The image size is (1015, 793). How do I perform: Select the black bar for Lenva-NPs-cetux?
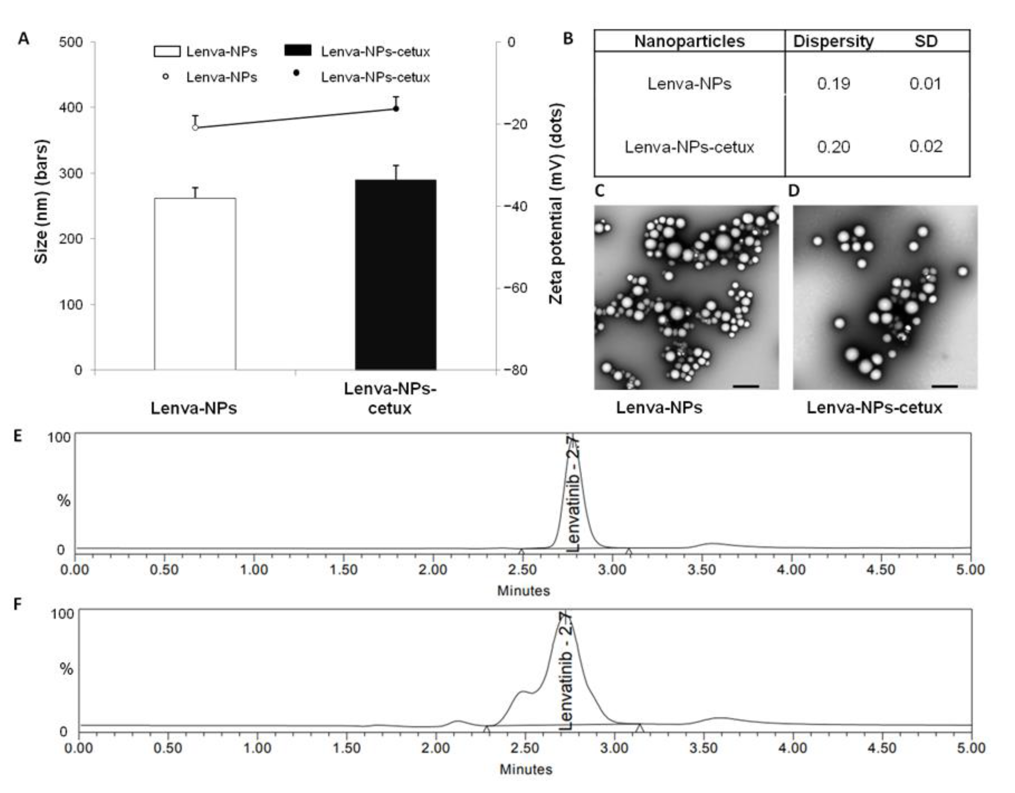coord(395,275)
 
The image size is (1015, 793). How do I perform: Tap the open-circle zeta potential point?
coord(195,127)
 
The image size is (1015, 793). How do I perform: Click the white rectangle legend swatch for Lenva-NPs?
coord(167,51)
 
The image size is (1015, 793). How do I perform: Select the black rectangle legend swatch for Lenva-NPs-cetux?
coord(297,51)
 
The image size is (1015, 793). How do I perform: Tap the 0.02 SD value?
coord(925,147)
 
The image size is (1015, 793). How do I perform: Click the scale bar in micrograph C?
coord(746,386)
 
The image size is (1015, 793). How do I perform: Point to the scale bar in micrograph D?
coord(944,386)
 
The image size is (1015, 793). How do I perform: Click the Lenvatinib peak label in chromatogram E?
coord(574,495)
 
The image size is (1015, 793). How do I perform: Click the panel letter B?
coord(568,39)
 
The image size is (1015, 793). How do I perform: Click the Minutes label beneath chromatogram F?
coord(526,769)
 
